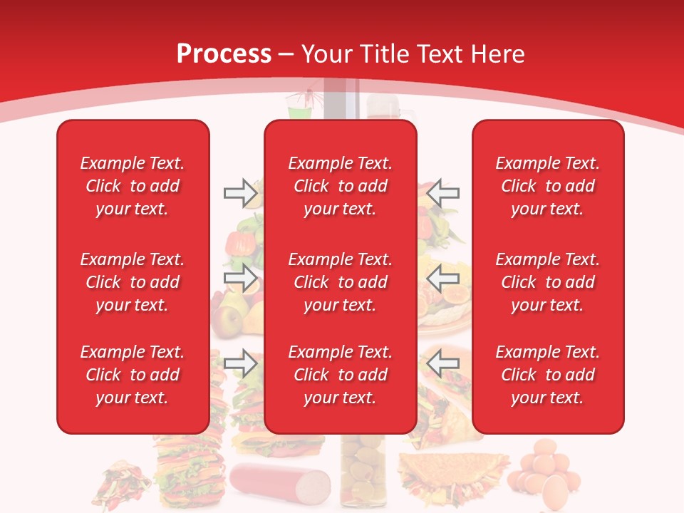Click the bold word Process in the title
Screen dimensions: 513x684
click(224, 54)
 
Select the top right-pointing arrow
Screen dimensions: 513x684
click(241, 192)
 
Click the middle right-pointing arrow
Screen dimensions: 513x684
click(241, 278)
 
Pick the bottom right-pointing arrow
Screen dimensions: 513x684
click(241, 363)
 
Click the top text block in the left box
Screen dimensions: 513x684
click(133, 186)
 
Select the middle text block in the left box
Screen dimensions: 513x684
click(133, 282)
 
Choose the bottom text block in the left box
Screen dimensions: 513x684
click(133, 375)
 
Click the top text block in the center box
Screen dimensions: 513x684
click(340, 186)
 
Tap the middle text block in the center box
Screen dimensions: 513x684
click(340, 282)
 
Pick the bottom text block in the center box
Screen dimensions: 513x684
click(340, 375)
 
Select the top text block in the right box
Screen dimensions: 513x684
click(547, 186)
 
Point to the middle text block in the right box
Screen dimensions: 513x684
click(547, 282)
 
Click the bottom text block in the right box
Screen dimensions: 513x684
click(547, 375)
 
